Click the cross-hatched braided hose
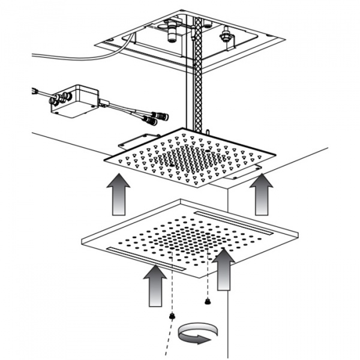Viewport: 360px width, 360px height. pyautogui.click(x=197, y=78)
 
